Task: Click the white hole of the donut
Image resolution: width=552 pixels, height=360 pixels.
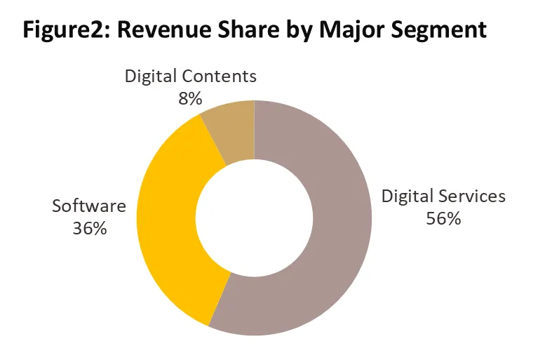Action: (x=254, y=217)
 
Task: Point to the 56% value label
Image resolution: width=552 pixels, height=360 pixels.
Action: (x=443, y=218)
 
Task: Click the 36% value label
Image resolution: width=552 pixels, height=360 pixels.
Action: (x=89, y=229)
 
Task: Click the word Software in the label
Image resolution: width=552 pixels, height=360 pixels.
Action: (x=89, y=206)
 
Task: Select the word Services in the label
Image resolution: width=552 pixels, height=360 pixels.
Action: (x=472, y=196)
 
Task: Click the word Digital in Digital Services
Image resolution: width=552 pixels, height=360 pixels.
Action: (x=408, y=196)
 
